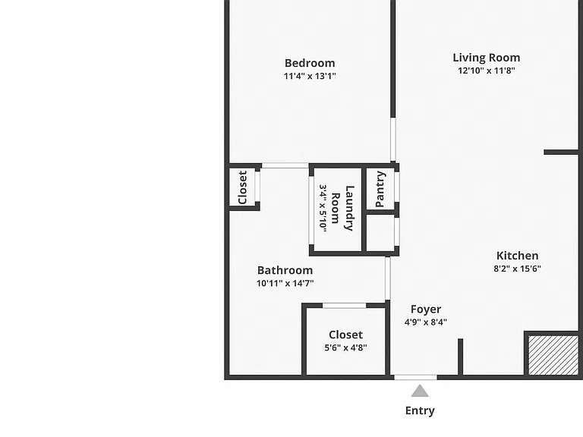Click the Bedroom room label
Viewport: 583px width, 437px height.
click(310, 63)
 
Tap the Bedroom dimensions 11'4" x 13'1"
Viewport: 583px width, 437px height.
click(310, 76)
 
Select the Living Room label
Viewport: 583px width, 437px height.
click(487, 58)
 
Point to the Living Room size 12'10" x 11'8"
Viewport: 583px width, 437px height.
click(487, 71)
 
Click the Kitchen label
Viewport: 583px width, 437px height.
click(517, 256)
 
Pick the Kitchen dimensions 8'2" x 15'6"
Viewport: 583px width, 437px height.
click(517, 269)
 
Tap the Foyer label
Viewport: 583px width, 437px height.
click(426, 310)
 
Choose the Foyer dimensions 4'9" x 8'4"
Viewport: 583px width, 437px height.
click(426, 322)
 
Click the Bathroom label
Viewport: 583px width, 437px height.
click(285, 270)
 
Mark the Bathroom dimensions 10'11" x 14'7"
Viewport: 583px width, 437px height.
click(285, 283)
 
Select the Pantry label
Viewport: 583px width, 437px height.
click(380, 189)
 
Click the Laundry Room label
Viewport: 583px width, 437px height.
click(343, 208)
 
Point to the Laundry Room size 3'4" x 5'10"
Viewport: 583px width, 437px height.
click(323, 208)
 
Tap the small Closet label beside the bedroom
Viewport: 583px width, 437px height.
click(242, 187)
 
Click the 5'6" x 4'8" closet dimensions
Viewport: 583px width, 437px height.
click(346, 347)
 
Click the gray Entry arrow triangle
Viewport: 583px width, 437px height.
click(420, 391)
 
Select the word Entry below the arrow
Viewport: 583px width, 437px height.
click(420, 410)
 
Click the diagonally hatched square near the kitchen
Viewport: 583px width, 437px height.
click(553, 355)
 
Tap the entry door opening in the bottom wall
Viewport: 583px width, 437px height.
click(415, 378)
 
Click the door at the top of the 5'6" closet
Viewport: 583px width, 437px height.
click(345, 306)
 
